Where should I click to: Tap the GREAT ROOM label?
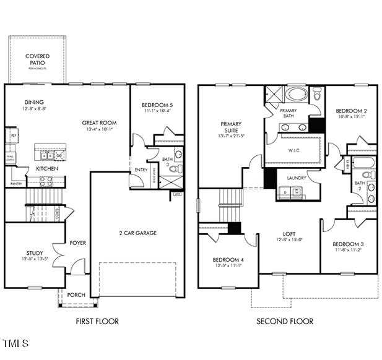(x=99, y=123)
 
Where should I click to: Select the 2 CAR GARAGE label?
(x=137, y=233)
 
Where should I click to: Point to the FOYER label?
(x=77, y=243)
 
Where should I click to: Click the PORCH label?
(x=76, y=295)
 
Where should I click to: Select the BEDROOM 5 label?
(x=157, y=105)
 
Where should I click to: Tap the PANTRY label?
(x=16, y=184)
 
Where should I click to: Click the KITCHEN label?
(x=47, y=168)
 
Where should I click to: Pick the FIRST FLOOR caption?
(x=97, y=321)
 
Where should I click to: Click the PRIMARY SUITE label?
(x=231, y=127)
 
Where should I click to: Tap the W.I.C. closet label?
(x=294, y=150)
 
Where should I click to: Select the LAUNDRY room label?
(x=296, y=178)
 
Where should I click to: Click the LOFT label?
(x=289, y=234)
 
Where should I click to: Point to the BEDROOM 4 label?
(x=228, y=259)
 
